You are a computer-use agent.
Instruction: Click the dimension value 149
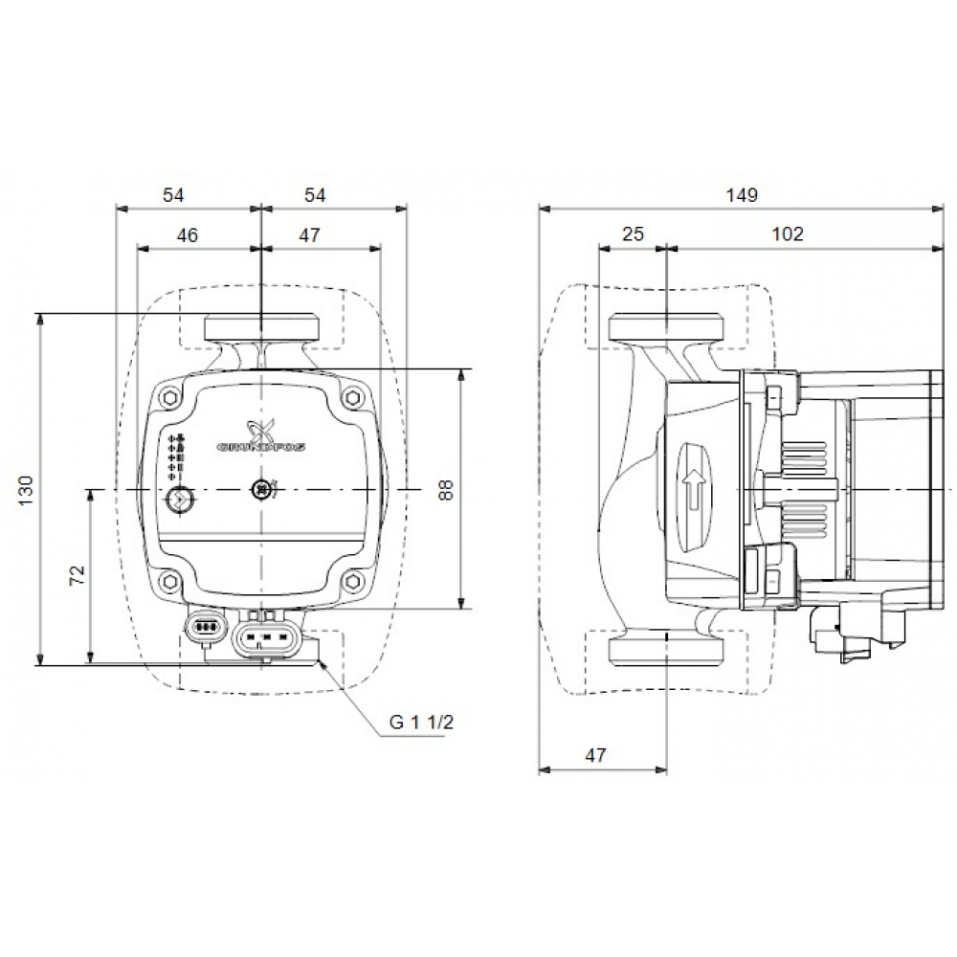[x=741, y=195]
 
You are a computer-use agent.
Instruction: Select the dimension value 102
[x=788, y=234]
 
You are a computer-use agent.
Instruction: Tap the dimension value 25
[x=633, y=234]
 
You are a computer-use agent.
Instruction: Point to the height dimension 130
[x=26, y=489]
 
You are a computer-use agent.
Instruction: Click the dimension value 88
[x=442, y=489]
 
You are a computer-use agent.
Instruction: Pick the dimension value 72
[x=78, y=575]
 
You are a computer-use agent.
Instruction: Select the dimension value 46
[x=188, y=234]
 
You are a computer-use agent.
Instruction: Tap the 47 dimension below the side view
[x=595, y=755]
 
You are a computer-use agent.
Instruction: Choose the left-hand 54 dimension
[x=172, y=195]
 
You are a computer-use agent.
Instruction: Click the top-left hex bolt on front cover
[x=169, y=396]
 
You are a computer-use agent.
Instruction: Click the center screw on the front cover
[x=260, y=490]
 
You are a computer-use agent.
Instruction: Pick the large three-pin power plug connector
[x=271, y=635]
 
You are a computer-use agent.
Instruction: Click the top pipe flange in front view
[x=260, y=328]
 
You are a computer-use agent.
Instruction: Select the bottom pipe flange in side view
[x=665, y=651]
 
